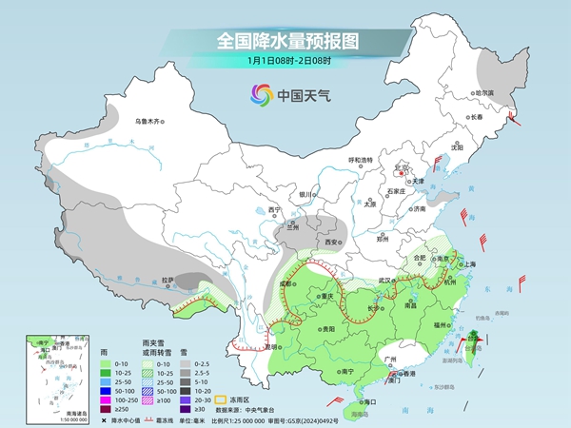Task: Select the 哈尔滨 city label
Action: click(x=484, y=93)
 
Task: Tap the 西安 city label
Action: click(x=330, y=243)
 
